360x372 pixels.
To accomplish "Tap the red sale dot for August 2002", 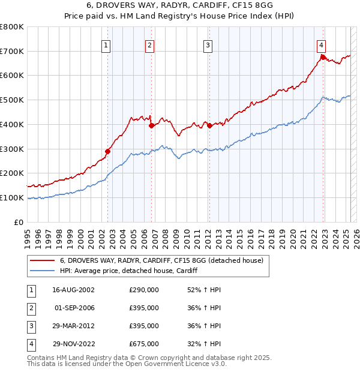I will click(x=108, y=151).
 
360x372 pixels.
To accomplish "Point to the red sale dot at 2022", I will click(x=323, y=57).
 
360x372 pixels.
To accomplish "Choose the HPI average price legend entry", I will click(x=128, y=271).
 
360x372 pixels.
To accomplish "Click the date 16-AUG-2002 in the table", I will click(x=74, y=290).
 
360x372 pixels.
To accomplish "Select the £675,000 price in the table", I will click(x=144, y=344).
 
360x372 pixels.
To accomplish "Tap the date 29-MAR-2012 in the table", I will click(x=74, y=326).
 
